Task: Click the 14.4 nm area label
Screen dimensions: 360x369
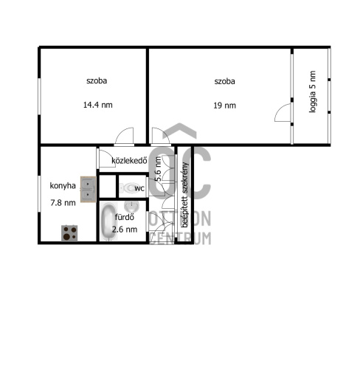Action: pos(98,105)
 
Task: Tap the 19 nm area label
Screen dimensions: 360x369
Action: pos(224,106)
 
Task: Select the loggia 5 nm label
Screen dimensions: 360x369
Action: pos(312,92)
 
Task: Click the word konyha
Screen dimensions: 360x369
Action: pos(63,186)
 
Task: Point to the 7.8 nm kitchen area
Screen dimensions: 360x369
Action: pos(63,203)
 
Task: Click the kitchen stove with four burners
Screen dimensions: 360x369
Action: pos(69,233)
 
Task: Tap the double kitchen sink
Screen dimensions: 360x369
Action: pos(88,189)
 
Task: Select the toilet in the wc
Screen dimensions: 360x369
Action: pos(128,188)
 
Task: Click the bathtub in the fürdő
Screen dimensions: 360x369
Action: pos(108,221)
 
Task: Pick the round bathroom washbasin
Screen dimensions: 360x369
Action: pos(132,206)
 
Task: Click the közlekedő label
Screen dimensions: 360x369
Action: pos(129,160)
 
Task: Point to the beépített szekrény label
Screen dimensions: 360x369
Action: pos(184,195)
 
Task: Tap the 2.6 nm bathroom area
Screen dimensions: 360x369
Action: pos(125,230)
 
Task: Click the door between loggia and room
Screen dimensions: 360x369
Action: pos(283,113)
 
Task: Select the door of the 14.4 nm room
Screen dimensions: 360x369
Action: pos(124,136)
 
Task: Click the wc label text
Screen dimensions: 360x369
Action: pos(139,188)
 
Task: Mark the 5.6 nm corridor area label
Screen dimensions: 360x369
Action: pos(159,169)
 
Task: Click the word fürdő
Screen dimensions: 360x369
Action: pos(125,217)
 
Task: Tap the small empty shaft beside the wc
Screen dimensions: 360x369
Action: pos(107,186)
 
